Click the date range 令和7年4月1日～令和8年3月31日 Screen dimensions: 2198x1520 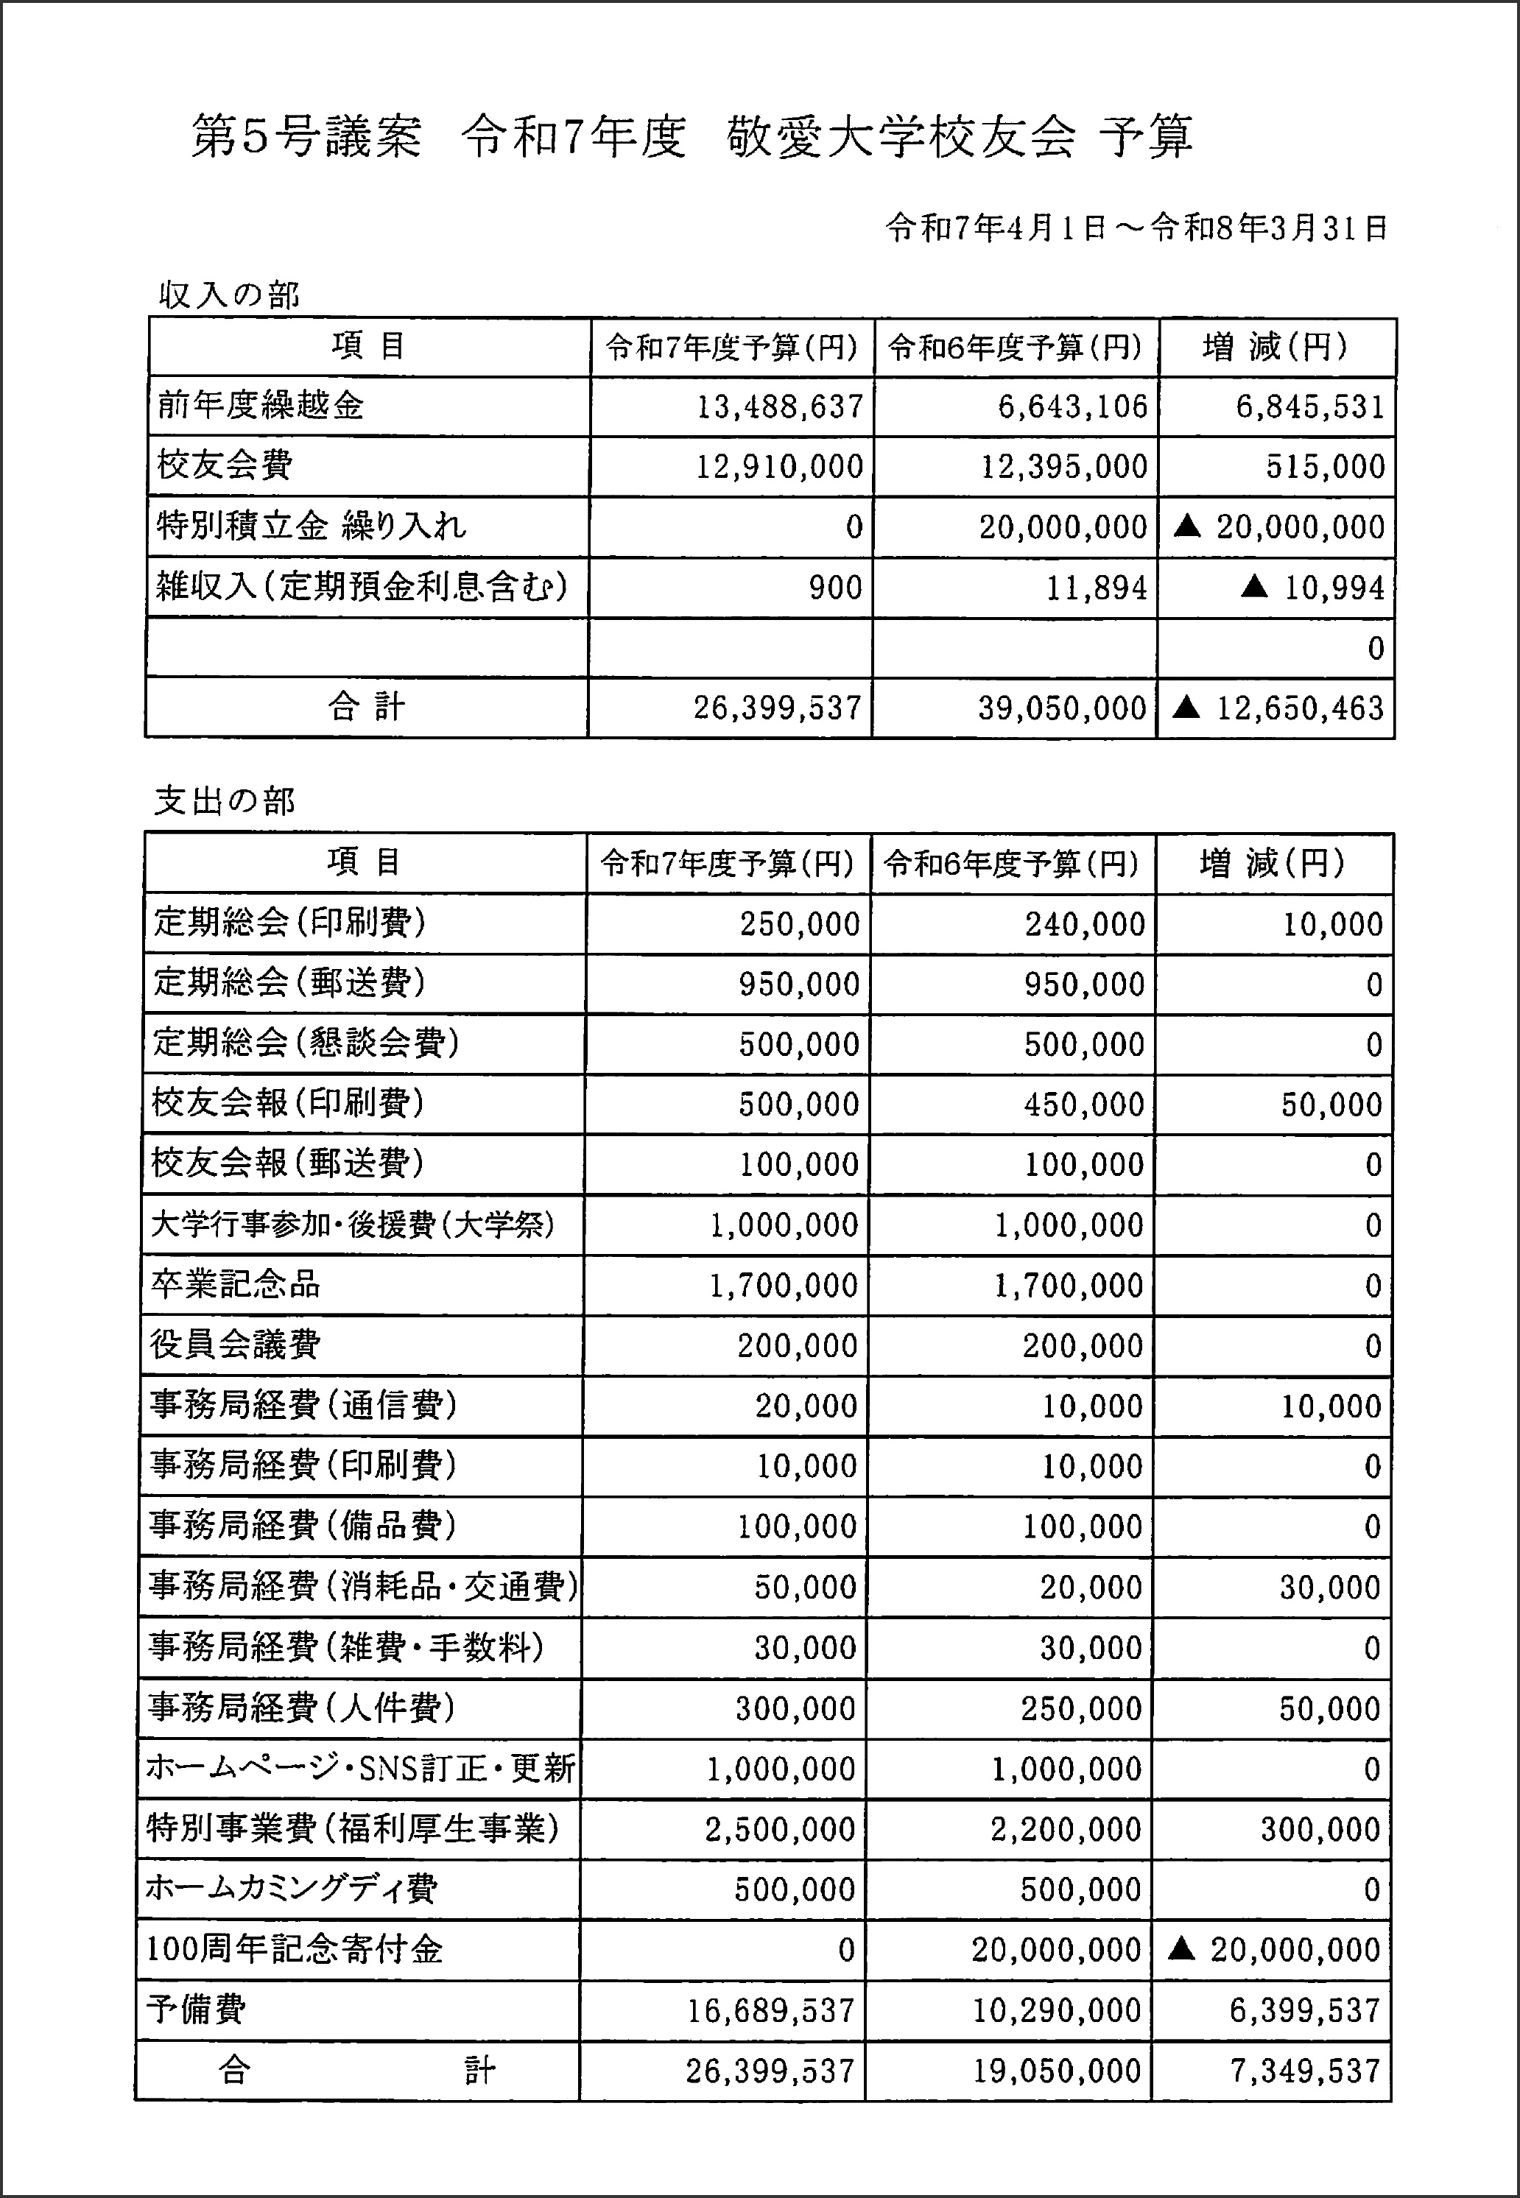[1136, 228]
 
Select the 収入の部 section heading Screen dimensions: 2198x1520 [228, 296]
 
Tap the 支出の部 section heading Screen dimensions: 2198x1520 [225, 801]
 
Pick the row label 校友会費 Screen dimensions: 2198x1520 [225, 465]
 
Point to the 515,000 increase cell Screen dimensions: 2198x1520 [1325, 467]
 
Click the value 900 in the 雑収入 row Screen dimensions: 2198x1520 [835, 588]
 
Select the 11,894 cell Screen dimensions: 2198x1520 [1097, 588]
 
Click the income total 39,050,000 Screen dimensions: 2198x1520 [1062, 708]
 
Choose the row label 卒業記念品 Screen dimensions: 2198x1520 [235, 1285]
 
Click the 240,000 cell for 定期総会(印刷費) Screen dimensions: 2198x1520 [1085, 924]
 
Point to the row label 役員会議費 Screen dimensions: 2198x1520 [235, 1345]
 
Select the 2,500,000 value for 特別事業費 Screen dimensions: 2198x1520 [780, 1829]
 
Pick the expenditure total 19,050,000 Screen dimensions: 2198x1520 [1056, 2071]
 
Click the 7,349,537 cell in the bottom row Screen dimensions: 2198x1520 [1305, 2071]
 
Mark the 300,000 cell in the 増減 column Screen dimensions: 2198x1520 [1320, 1829]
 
